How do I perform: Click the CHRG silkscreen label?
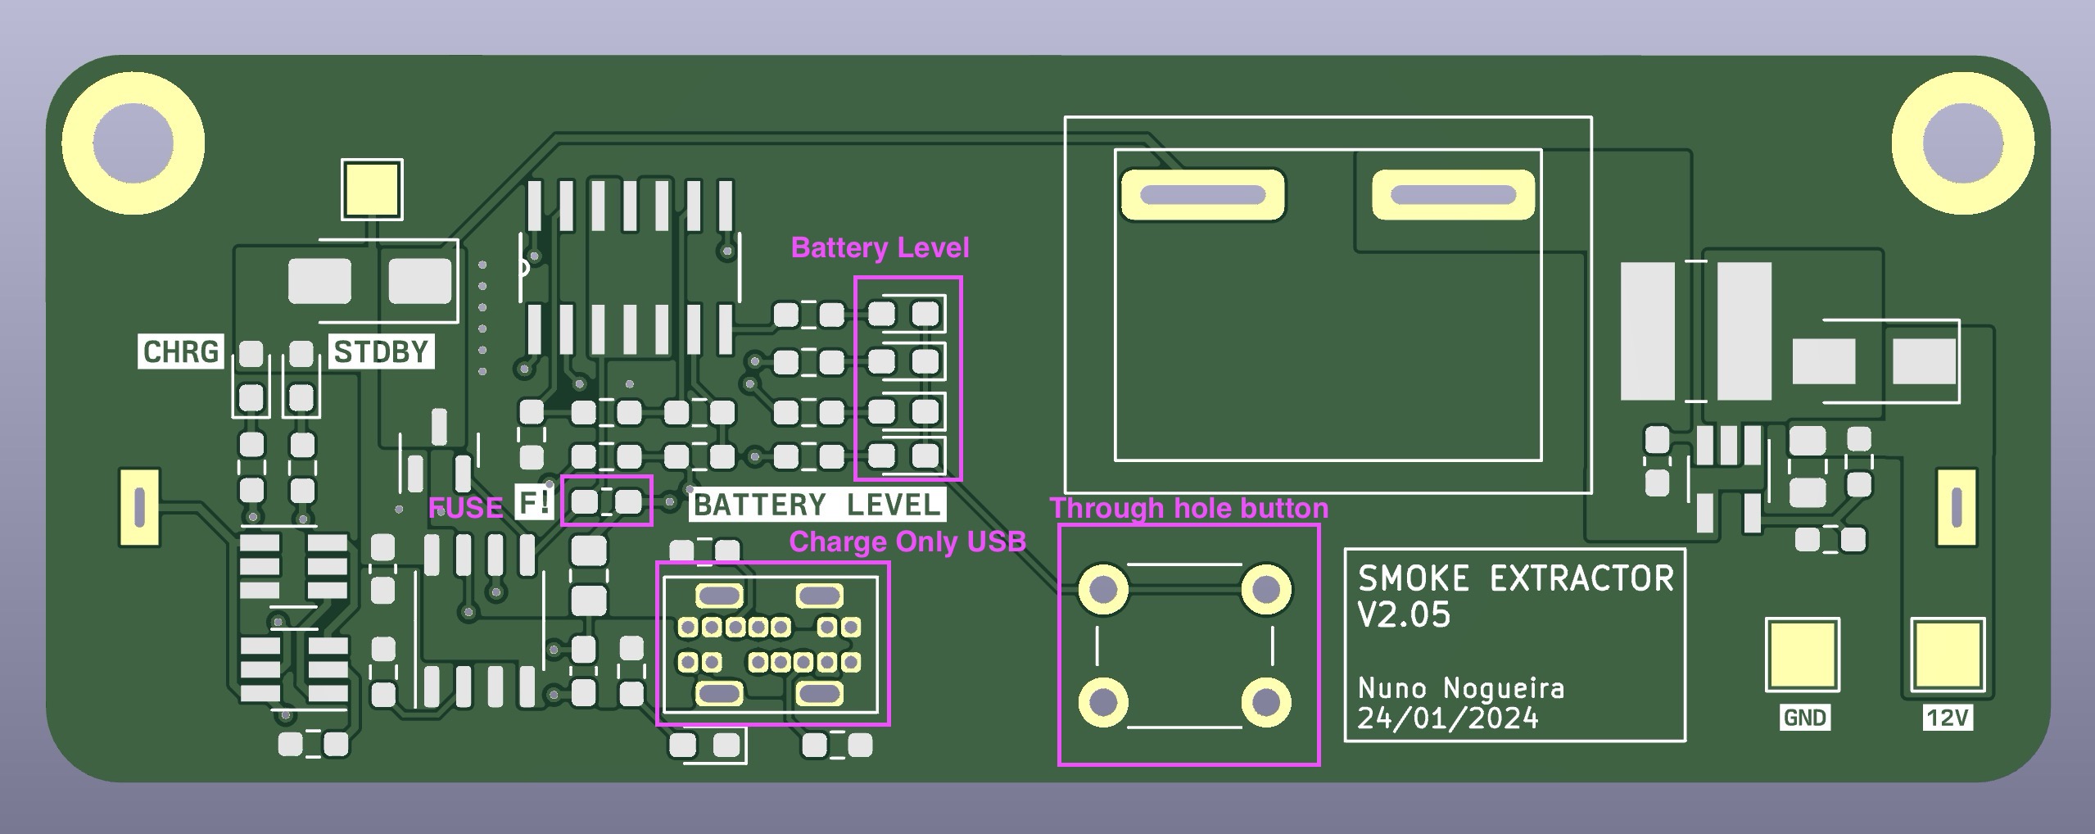click(180, 352)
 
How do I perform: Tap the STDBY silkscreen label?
click(381, 352)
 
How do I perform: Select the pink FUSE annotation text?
click(465, 508)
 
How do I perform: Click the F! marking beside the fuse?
click(535, 502)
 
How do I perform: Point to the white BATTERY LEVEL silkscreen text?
click(817, 505)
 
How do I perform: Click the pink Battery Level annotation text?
click(880, 247)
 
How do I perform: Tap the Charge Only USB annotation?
click(907, 542)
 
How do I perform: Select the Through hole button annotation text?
click(1189, 508)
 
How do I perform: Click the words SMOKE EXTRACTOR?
click(1515, 579)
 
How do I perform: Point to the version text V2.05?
click(1404, 615)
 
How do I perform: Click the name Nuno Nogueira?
click(1461, 688)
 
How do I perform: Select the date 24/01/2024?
click(1448, 718)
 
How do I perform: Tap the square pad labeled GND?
click(1803, 655)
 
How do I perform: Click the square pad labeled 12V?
click(1947, 655)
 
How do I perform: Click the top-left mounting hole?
click(133, 144)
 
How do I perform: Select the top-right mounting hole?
click(1962, 144)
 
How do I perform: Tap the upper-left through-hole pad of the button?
click(1103, 588)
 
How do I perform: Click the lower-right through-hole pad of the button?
click(1266, 702)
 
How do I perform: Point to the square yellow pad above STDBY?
click(373, 189)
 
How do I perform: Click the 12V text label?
click(1947, 718)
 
